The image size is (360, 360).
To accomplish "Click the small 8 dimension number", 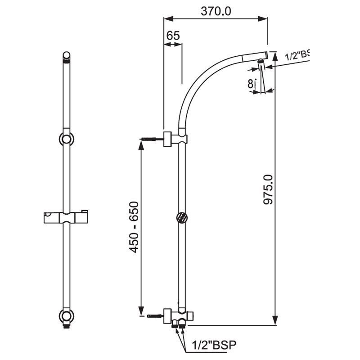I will (x=250, y=84).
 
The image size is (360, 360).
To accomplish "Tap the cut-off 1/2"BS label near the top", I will (x=297, y=56).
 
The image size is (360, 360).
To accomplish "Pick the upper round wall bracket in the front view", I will (x=66, y=139).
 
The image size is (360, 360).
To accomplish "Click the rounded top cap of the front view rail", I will (x=66, y=56).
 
